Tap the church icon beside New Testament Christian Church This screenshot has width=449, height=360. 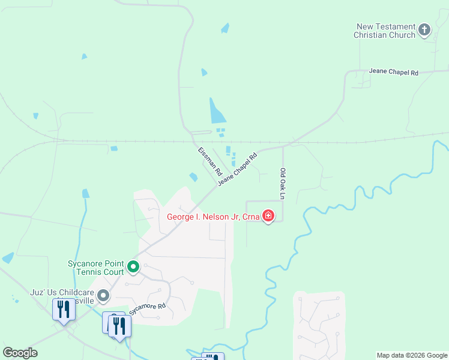pyautogui.click(x=424, y=29)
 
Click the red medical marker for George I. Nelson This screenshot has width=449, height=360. pyautogui.click(x=268, y=215)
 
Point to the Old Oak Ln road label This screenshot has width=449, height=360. pyautogui.click(x=282, y=183)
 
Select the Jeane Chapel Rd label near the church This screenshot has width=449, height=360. pyautogui.click(x=393, y=72)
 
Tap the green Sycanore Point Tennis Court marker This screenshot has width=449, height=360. pyautogui.click(x=133, y=266)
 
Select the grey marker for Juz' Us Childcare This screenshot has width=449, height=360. pyautogui.click(x=104, y=295)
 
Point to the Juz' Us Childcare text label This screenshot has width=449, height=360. pyautogui.click(x=63, y=294)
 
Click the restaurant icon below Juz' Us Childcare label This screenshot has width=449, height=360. pyautogui.click(x=63, y=310)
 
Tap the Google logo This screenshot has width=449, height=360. pyautogui.click(x=20, y=353)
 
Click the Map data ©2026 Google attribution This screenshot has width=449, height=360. pyautogui.click(x=411, y=355)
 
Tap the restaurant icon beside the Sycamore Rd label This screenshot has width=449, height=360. pyautogui.click(x=120, y=325)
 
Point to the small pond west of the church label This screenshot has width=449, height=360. pyautogui.click(x=225, y=28)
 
